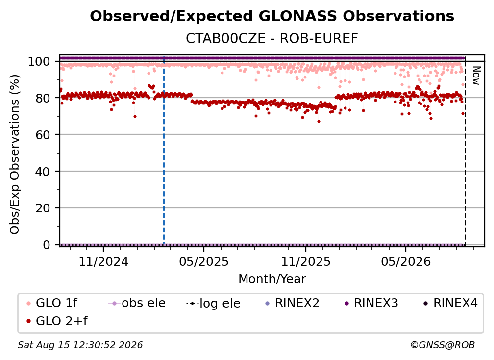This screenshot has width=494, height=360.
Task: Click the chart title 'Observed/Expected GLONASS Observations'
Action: click(272, 16)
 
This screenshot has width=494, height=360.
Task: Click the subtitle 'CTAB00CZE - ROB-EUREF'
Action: click(272, 38)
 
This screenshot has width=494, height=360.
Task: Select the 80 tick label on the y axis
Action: click(43, 98)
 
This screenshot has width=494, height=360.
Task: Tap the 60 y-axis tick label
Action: click(43, 135)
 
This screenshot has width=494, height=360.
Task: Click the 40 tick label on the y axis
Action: click(43, 172)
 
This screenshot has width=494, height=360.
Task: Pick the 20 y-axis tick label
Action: click(43, 208)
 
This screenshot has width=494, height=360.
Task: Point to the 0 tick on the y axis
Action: click(46, 245)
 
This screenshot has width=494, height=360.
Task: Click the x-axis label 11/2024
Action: click(103, 261)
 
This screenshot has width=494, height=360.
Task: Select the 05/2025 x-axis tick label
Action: click(204, 261)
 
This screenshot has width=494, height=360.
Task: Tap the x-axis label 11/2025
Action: click(306, 261)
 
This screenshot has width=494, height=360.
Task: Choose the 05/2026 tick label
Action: click(406, 261)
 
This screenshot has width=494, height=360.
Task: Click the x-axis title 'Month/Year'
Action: click(272, 279)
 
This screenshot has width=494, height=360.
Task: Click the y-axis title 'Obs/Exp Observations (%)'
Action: click(15, 154)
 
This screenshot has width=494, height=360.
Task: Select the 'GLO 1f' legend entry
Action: click(52, 303)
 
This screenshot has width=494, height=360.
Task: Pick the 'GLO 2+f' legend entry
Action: click(57, 321)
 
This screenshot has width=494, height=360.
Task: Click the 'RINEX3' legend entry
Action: click(371, 303)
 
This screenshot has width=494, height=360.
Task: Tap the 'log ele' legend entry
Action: click(213, 303)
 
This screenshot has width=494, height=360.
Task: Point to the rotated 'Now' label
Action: click(476, 76)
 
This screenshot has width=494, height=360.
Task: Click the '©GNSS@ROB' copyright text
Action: click(443, 345)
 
